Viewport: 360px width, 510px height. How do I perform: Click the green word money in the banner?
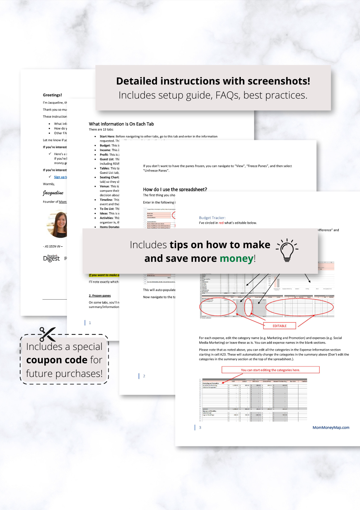click(237, 259)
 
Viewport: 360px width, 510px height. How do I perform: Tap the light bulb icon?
click(287, 250)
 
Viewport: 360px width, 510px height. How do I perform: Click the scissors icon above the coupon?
click(48, 334)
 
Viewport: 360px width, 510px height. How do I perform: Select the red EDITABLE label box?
click(279, 326)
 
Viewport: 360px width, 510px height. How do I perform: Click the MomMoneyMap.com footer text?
click(331, 428)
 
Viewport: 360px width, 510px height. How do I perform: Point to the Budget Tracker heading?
click(212, 218)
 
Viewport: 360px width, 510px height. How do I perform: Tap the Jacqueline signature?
click(53, 193)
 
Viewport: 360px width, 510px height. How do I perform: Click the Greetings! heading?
click(52, 95)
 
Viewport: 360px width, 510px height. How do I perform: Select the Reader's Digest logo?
click(51, 258)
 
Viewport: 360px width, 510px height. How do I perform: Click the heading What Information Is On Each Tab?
click(121, 124)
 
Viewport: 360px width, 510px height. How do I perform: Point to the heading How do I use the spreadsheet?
click(175, 189)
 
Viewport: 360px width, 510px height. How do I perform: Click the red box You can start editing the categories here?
click(270, 370)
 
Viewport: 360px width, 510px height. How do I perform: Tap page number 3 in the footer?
click(200, 428)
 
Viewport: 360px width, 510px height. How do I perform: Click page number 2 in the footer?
click(144, 376)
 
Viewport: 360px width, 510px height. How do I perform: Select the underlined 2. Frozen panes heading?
click(100, 296)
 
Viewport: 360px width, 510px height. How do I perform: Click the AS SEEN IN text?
click(53, 246)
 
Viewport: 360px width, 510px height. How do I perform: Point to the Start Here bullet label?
click(107, 136)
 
